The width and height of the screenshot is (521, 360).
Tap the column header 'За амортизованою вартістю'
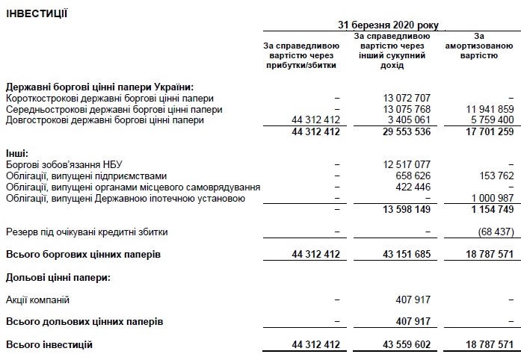point(479,45)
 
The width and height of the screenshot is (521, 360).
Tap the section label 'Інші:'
point(16,154)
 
